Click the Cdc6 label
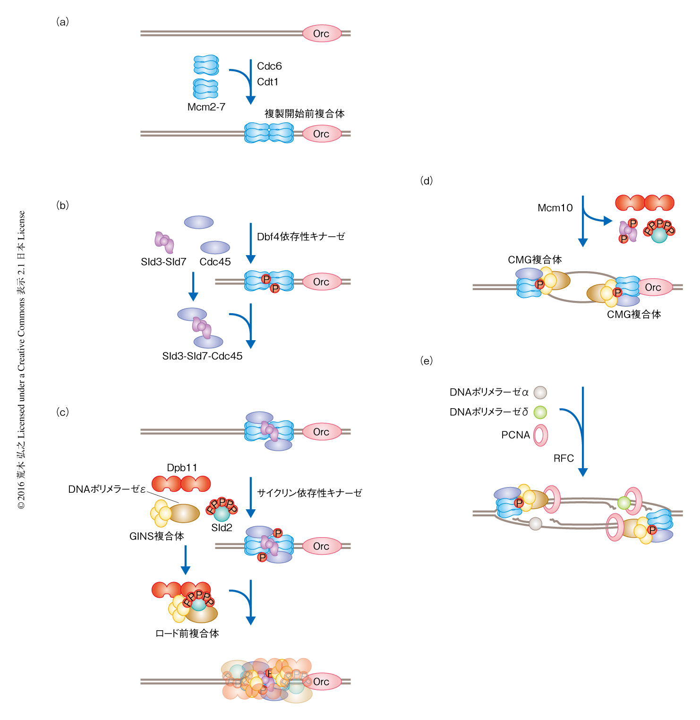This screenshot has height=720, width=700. click(x=269, y=66)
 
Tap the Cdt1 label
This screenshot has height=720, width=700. click(x=268, y=82)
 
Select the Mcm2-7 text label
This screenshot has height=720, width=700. click(x=206, y=107)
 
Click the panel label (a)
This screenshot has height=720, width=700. click(x=62, y=22)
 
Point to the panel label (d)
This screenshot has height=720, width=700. click(x=427, y=181)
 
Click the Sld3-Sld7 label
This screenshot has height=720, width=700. click(x=163, y=262)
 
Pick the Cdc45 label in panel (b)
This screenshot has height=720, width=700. click(x=215, y=262)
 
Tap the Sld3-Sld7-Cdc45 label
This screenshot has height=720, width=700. click(x=202, y=356)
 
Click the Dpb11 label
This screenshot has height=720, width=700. click(x=182, y=468)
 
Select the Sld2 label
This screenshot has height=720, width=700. click(x=222, y=528)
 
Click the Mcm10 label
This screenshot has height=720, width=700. click(x=555, y=208)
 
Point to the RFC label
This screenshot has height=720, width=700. click(x=563, y=458)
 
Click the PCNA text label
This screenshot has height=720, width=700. click(x=515, y=435)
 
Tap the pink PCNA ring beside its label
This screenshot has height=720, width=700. click(x=540, y=435)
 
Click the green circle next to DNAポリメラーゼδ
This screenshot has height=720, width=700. click(x=540, y=412)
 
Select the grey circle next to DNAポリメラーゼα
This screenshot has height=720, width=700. click(x=540, y=393)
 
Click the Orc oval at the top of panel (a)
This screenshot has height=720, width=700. click(x=321, y=34)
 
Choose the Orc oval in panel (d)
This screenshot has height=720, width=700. click(x=653, y=287)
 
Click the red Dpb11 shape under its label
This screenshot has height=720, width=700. click(x=181, y=484)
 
